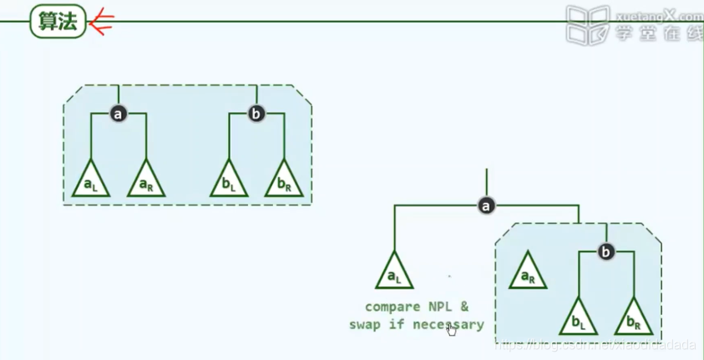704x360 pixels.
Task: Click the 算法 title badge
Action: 58,22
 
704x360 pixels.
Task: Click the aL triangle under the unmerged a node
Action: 89,180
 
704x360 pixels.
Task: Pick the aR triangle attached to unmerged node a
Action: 146,180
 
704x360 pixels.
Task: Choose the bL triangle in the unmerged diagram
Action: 228,180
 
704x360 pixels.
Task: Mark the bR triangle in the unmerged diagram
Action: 284,180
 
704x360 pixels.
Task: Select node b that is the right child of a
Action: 606,251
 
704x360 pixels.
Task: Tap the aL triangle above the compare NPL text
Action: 394,271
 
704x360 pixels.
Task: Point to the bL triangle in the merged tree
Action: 577,317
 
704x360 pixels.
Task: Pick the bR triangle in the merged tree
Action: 633,317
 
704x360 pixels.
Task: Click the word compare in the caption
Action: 393,307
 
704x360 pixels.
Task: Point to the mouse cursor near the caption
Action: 452,330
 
